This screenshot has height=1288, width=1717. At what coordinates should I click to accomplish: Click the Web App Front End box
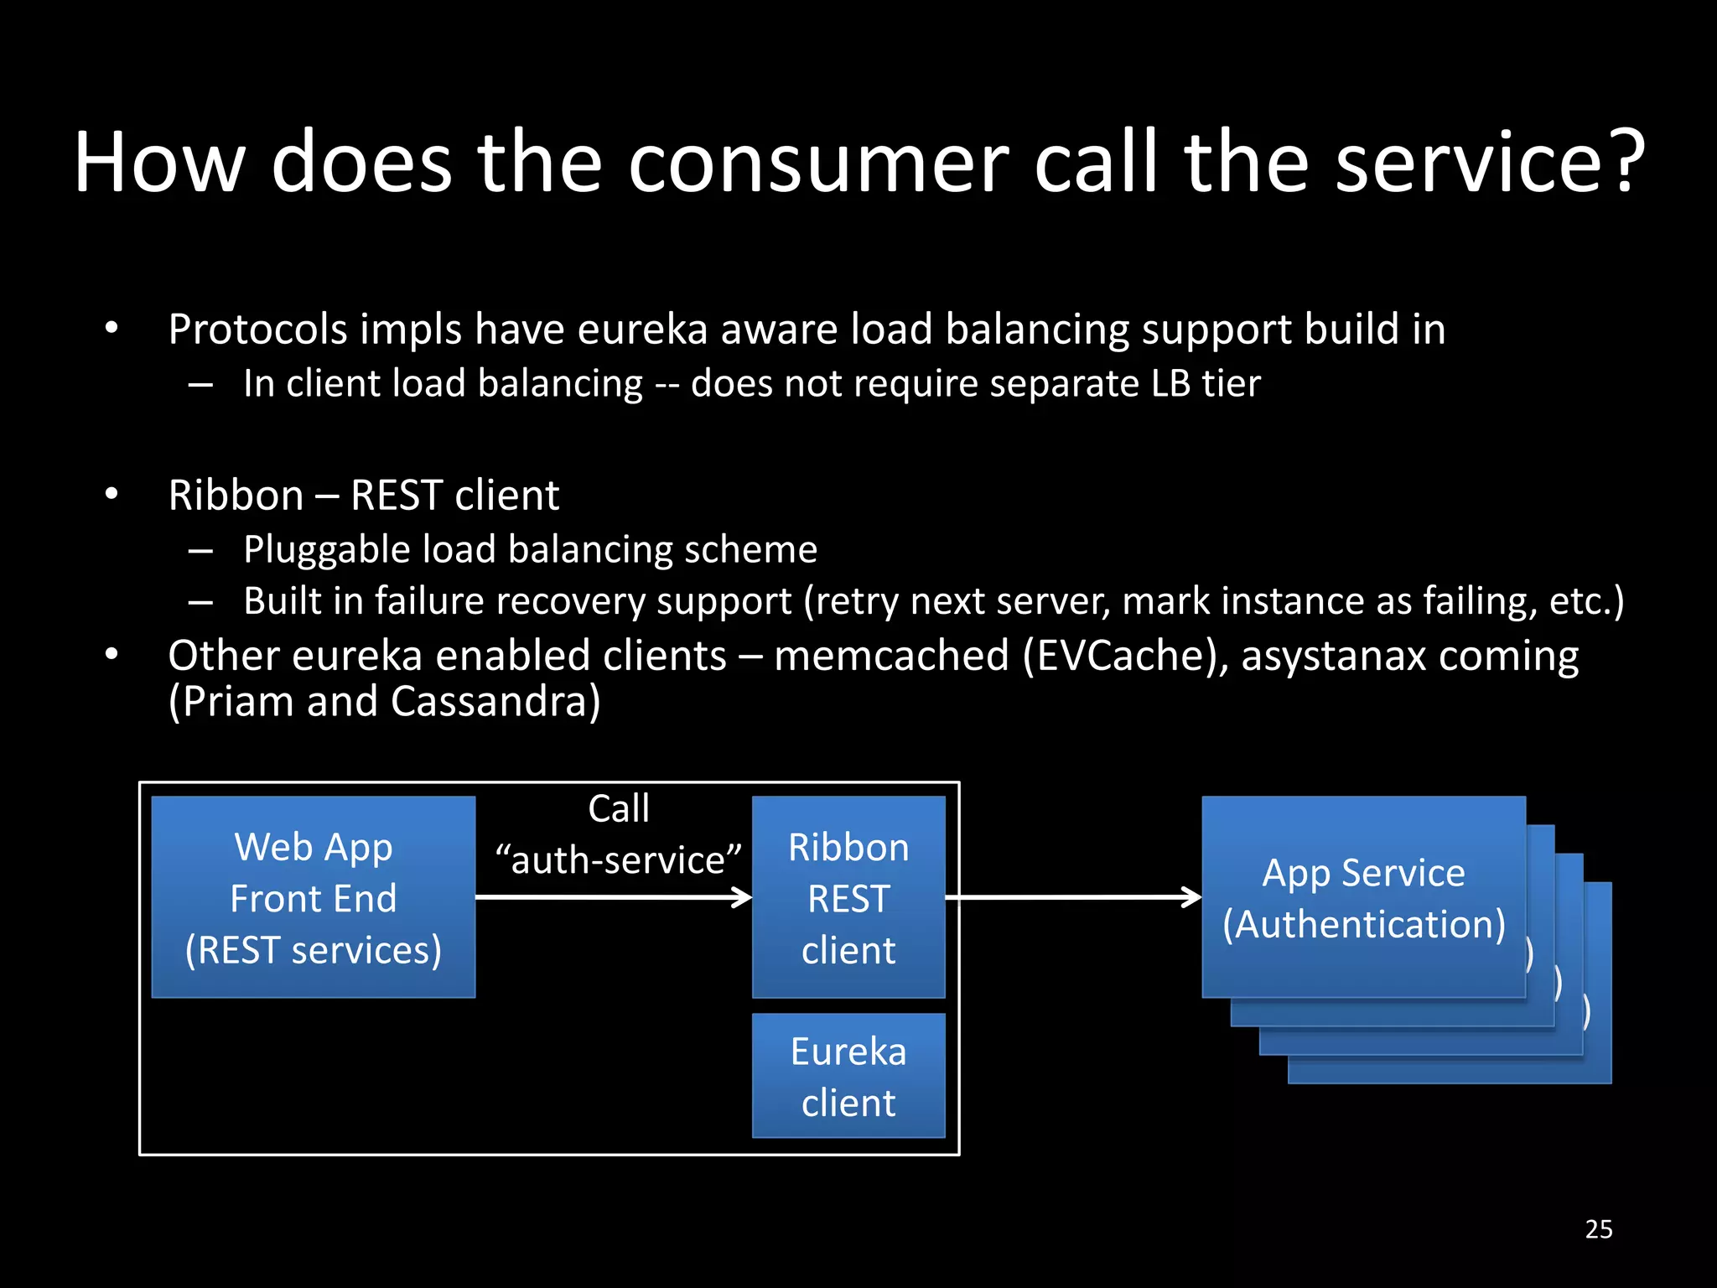click(313, 897)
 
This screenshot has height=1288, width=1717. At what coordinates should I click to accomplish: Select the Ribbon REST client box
click(848, 897)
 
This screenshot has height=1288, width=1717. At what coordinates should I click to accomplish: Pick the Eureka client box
click(848, 1076)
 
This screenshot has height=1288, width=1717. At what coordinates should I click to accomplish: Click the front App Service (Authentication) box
click(1363, 897)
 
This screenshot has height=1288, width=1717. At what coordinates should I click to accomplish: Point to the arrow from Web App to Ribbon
click(612, 897)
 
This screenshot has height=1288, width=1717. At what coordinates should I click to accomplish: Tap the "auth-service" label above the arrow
click(619, 860)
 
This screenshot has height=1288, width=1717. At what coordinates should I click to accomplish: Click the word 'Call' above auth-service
click(619, 809)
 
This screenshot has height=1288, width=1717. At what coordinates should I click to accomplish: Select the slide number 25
click(1599, 1229)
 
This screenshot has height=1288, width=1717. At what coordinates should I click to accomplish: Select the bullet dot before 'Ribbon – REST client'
click(112, 495)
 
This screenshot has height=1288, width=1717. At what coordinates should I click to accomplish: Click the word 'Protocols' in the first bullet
click(257, 329)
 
